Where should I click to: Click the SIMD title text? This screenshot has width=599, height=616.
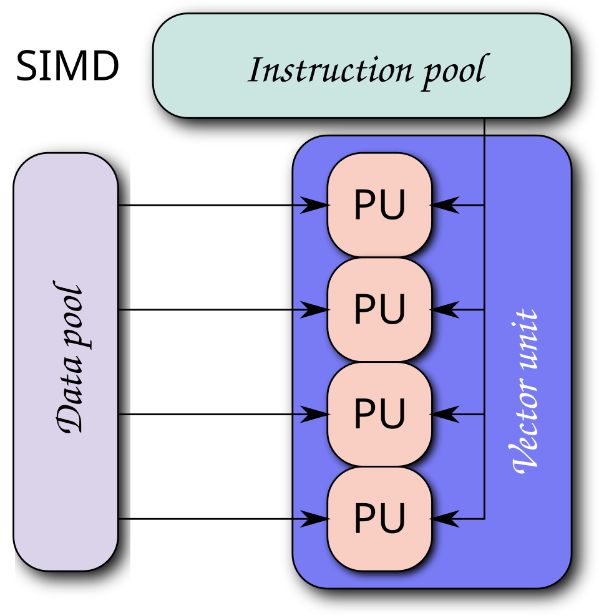(67, 65)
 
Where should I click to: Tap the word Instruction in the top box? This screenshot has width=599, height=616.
(331, 70)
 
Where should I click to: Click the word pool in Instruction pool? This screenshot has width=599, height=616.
(455, 72)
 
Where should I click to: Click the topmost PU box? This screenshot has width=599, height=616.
(379, 205)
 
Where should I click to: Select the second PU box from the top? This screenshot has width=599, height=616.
(379, 310)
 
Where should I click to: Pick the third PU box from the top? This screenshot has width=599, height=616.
(379, 414)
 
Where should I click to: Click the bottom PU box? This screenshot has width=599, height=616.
(379, 519)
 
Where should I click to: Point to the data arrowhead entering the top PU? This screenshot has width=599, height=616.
(314, 205)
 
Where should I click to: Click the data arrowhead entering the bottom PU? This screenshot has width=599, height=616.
(314, 519)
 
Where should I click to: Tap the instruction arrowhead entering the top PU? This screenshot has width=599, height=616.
(444, 205)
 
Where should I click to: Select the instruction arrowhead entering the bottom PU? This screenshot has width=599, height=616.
(444, 519)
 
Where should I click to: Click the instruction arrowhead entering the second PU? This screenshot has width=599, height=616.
(444, 310)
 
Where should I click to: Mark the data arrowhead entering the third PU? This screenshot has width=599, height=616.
(314, 414)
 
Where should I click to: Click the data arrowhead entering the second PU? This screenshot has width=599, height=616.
(314, 310)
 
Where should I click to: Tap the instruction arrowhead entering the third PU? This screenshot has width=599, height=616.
(444, 414)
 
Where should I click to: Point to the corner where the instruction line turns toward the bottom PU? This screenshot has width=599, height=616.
(484, 519)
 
